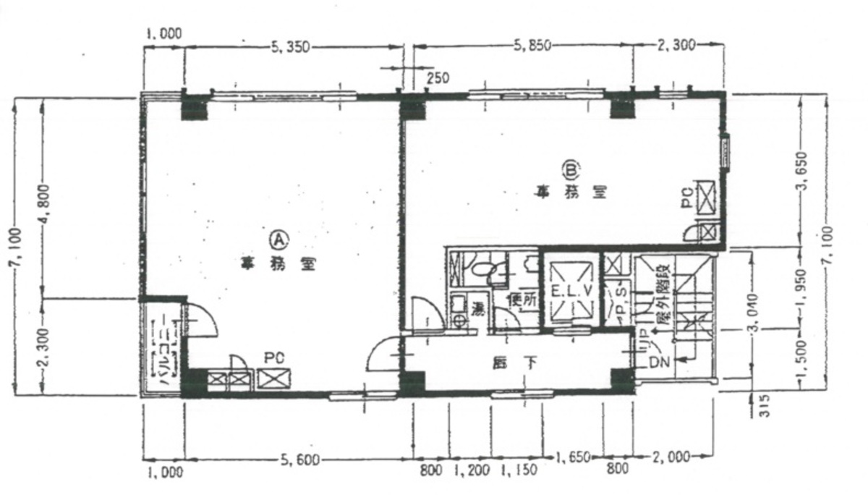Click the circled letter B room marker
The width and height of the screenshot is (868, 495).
coord(571,169)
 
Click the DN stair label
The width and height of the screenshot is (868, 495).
coord(656,360)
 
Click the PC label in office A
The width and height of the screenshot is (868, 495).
coord(273,357)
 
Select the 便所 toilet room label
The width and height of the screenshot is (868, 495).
coord(524,299)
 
